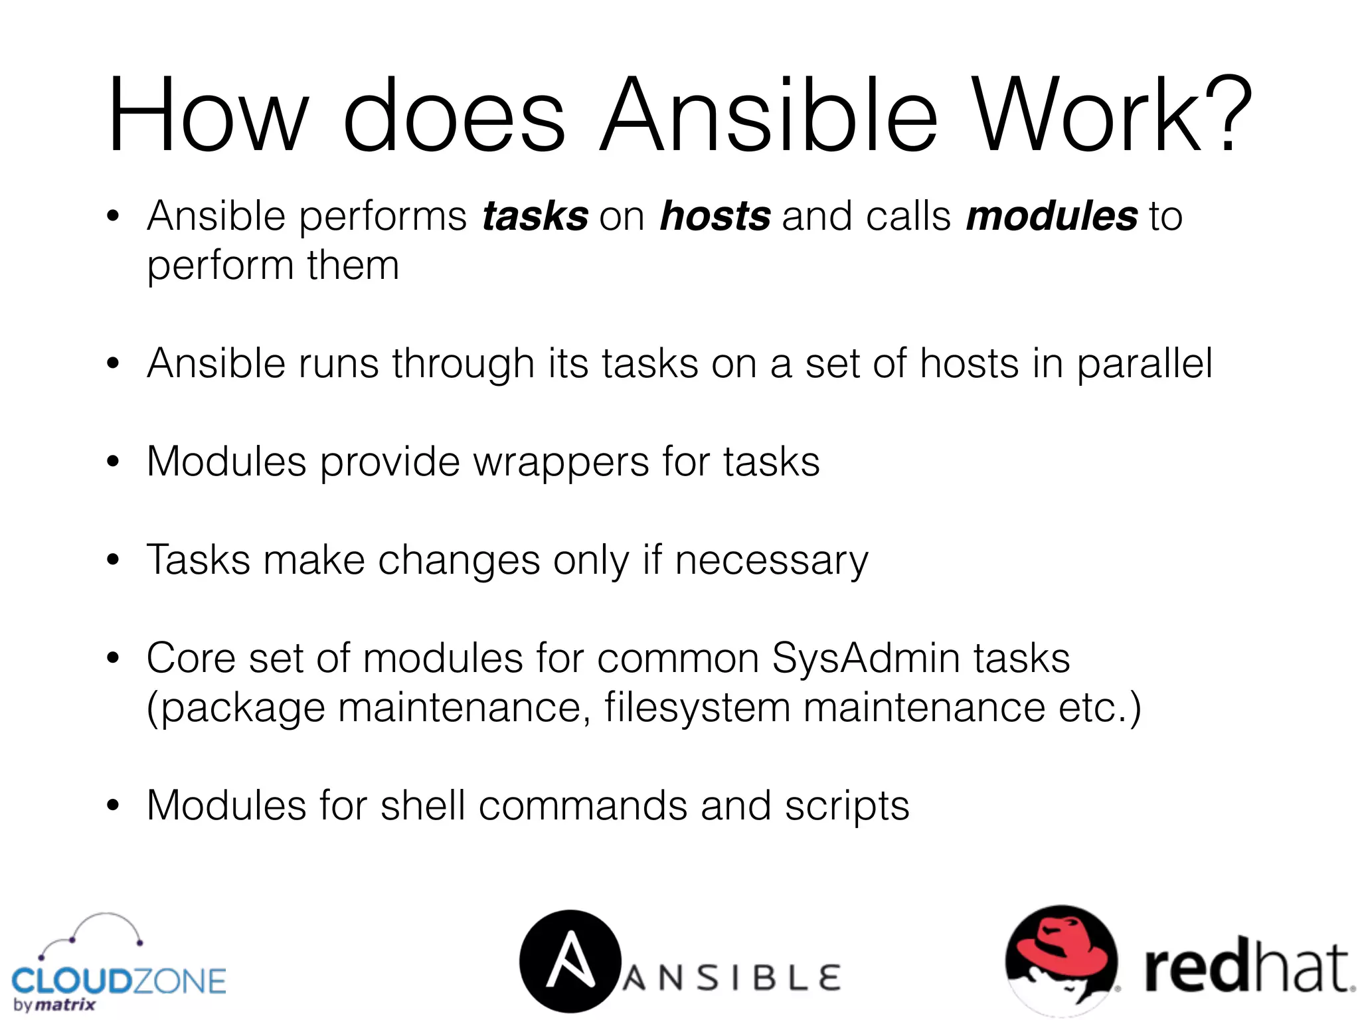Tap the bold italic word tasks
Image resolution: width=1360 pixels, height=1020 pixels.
535,216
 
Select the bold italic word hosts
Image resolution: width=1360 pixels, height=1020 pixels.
715,216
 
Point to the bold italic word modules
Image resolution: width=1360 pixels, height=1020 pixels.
1052,216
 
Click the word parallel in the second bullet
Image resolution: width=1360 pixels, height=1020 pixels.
1144,365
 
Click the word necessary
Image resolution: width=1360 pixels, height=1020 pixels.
771,561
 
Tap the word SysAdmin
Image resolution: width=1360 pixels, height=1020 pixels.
866,659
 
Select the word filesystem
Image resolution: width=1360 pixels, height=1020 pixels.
697,708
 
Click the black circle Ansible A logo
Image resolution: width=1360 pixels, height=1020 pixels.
570,961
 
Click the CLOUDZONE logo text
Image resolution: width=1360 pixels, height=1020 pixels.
119,981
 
